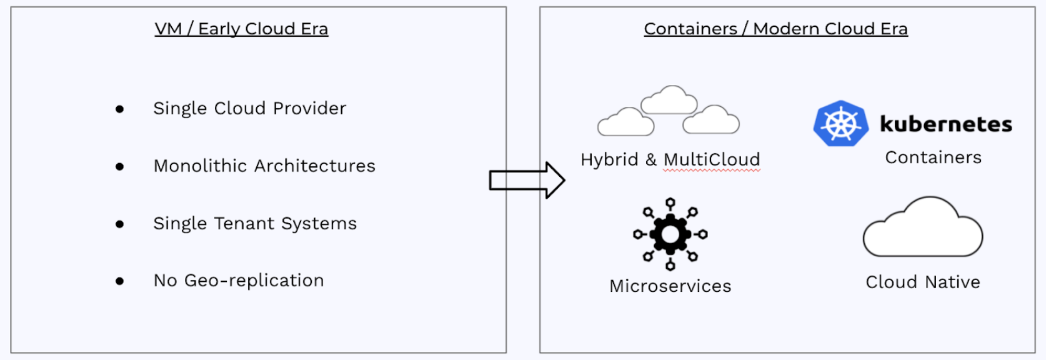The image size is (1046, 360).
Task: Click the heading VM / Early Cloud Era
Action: tap(241, 29)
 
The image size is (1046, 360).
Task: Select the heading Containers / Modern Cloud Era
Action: tap(775, 29)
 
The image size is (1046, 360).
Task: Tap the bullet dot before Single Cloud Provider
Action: tap(119, 109)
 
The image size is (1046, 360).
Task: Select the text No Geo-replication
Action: tap(239, 281)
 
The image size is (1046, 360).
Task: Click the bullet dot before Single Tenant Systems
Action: tap(119, 224)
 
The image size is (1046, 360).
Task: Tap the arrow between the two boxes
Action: tap(527, 181)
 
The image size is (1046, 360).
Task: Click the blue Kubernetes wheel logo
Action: tap(840, 124)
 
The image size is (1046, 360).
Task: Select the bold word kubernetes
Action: tap(945, 124)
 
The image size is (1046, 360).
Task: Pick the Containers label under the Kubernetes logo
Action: tap(933, 157)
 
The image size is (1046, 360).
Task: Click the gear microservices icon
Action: tap(670, 234)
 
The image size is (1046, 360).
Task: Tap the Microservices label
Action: tap(670, 286)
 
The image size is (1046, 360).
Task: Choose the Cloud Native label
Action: tap(922, 282)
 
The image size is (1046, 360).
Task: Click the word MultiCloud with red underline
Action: tap(711, 160)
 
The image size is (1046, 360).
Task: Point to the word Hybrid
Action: tap(609, 160)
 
